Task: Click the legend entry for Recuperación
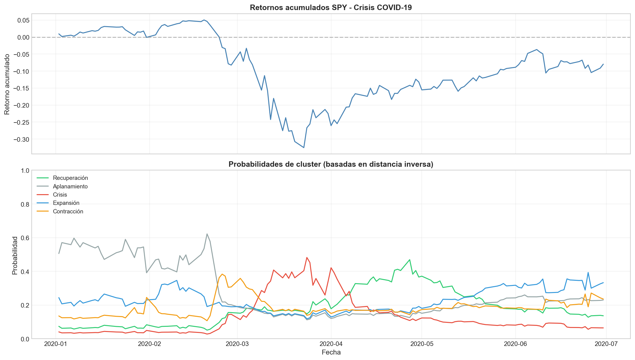coord(70,178)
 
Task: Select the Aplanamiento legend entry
coord(70,186)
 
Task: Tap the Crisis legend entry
coord(60,195)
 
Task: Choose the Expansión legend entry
coord(66,203)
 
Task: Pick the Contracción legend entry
coord(68,212)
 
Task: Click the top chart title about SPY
coord(331,8)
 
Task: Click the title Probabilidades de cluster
coord(331,165)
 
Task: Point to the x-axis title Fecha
coord(331,352)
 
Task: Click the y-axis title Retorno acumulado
coord(7,84)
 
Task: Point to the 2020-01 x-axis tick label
coord(55,344)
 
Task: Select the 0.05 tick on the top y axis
coord(23,20)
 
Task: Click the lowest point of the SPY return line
coord(303,148)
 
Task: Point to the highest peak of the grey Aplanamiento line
coord(207,234)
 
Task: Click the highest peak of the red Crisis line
coord(307,258)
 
